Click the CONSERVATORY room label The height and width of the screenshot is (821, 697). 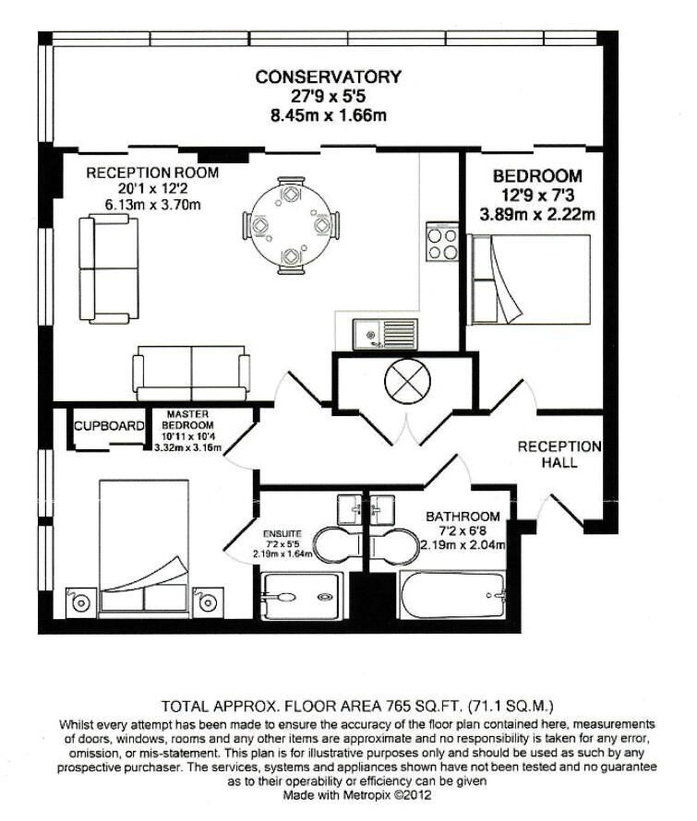[328, 77]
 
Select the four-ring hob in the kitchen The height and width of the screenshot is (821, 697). [442, 243]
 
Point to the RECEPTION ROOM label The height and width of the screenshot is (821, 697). [152, 173]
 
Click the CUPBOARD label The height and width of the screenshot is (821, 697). [109, 426]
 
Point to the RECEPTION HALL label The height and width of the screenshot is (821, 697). [559, 454]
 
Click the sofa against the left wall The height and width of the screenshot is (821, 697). [108, 268]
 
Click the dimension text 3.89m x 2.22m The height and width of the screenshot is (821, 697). [536, 215]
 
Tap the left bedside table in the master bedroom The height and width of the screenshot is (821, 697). [80, 602]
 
